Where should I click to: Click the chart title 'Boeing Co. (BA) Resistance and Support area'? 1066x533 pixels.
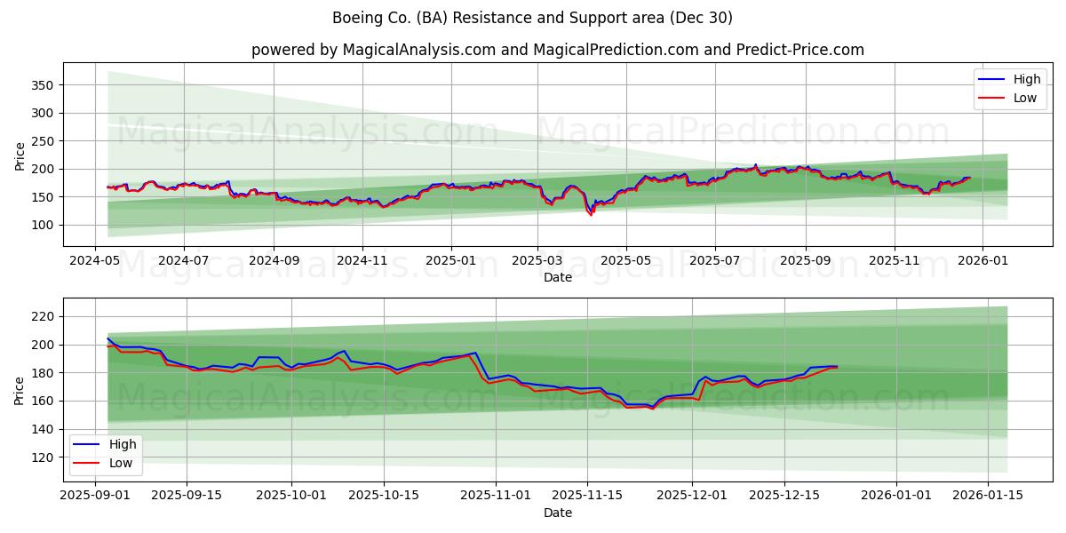click(x=532, y=18)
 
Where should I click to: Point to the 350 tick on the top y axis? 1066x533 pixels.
click(x=44, y=85)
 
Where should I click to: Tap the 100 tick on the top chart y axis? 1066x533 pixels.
click(x=44, y=225)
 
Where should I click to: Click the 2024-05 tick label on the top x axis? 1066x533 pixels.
click(x=95, y=260)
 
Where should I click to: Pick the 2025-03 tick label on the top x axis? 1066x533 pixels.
click(x=537, y=260)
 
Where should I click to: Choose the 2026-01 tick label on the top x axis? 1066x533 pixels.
click(x=984, y=260)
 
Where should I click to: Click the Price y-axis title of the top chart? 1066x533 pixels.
click(x=20, y=155)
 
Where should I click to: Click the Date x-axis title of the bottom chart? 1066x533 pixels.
click(x=557, y=513)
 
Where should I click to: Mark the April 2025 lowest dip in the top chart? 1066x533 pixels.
click(x=591, y=215)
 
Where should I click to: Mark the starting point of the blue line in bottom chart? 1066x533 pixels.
click(x=107, y=338)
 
